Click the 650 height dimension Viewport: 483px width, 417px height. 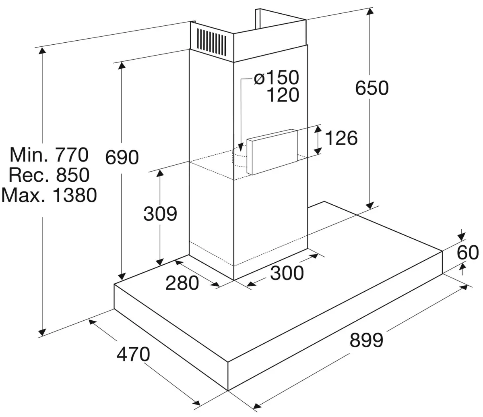(x=372, y=88)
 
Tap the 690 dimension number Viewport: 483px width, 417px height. (x=122, y=157)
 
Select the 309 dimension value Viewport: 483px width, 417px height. (x=160, y=214)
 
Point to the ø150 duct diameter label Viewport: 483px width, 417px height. (x=277, y=77)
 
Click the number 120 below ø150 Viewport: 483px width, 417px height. (x=283, y=95)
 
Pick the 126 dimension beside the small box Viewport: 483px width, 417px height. (x=341, y=138)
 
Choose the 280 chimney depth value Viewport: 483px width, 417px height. (x=182, y=283)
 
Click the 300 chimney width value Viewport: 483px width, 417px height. (x=287, y=273)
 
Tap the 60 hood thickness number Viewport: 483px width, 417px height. (x=468, y=253)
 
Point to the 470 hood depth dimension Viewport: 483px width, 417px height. (x=133, y=354)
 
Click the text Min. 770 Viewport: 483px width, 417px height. (x=49, y=155)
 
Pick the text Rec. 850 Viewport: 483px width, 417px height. (x=49, y=175)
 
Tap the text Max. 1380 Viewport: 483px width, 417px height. (x=49, y=195)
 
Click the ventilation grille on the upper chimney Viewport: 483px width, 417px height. (x=211, y=42)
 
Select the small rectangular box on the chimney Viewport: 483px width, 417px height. (x=272, y=151)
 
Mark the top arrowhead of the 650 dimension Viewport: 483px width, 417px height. (x=369, y=11)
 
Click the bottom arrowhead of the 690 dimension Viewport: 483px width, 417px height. (x=122, y=277)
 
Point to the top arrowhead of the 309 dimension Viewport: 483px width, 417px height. (x=160, y=173)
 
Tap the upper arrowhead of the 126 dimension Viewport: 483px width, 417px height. (x=318, y=129)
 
